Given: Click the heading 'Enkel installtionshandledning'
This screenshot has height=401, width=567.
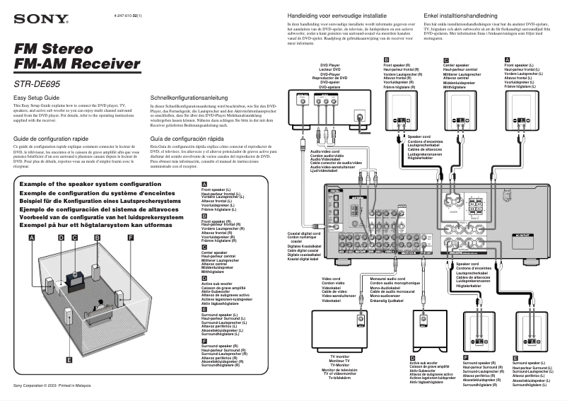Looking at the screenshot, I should tap(464, 15).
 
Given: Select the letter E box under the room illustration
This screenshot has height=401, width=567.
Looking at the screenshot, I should tap(68, 360).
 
